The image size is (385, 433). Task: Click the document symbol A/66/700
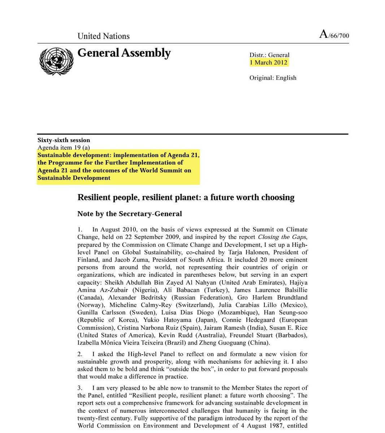[x=334, y=35]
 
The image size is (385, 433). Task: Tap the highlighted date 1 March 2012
[x=269, y=62]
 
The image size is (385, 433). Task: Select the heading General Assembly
[x=124, y=53]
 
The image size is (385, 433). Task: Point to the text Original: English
[x=273, y=78]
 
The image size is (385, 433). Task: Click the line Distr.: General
[x=269, y=55]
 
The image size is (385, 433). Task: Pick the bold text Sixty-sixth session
[x=64, y=140]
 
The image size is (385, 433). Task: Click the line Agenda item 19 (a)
[x=64, y=147]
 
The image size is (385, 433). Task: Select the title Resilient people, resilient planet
[x=186, y=197]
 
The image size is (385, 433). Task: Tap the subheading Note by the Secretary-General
[x=130, y=214]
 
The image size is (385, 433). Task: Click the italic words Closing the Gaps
[x=282, y=237]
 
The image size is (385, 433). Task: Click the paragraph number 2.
[x=80, y=354]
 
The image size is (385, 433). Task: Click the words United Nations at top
[x=103, y=36]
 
